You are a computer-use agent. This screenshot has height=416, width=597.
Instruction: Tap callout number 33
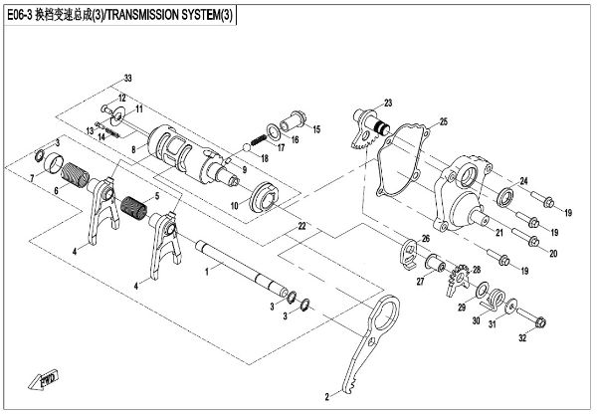[126, 77]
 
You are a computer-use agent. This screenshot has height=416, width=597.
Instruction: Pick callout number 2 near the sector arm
[324, 396]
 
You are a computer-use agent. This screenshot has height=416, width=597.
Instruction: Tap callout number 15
[315, 130]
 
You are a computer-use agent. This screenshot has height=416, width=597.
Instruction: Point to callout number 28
[475, 271]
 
